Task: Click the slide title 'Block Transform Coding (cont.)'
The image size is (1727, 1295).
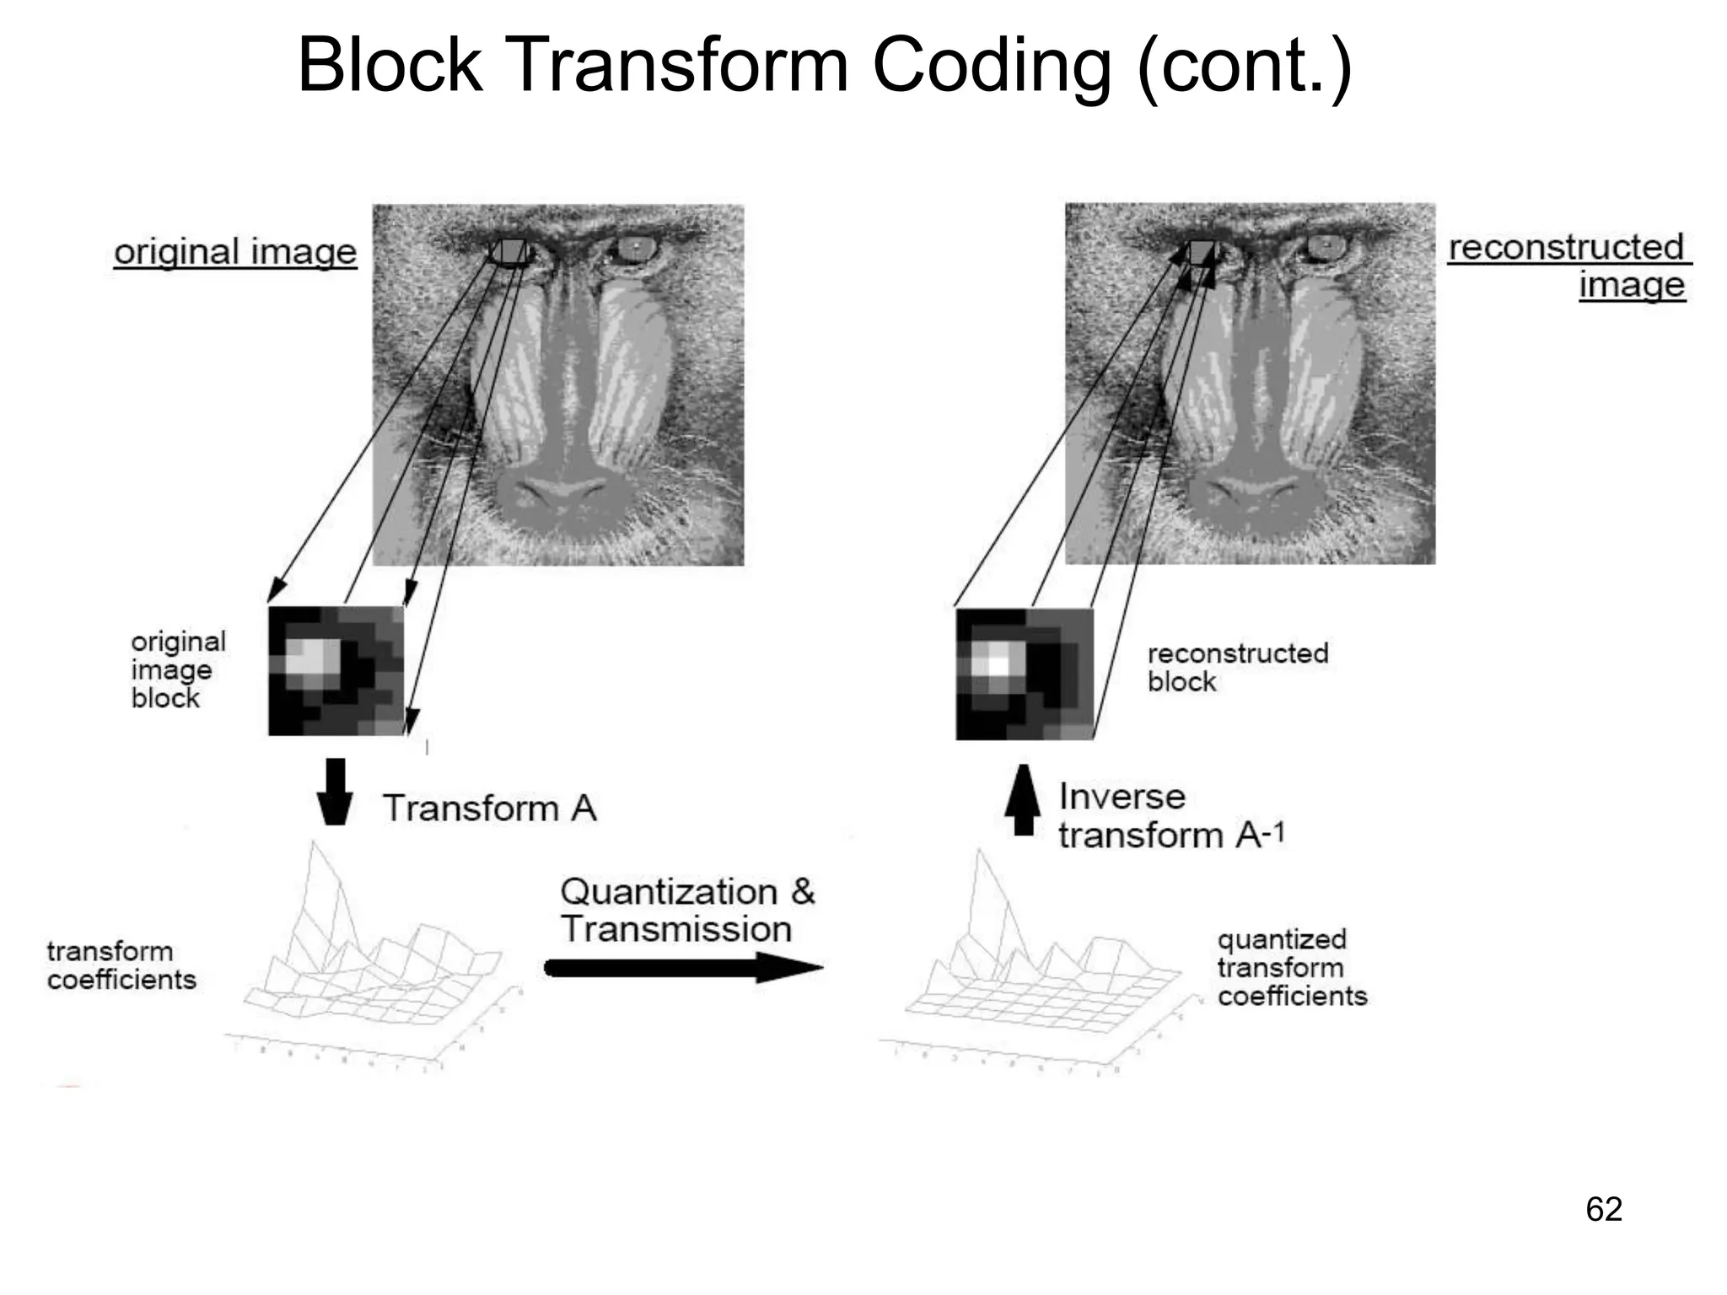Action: [x=825, y=66]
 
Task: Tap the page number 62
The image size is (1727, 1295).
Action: [x=1603, y=1209]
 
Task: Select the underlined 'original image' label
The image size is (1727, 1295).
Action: [x=235, y=252]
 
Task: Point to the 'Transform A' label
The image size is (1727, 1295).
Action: [x=490, y=808]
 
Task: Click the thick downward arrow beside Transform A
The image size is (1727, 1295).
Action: [x=335, y=791]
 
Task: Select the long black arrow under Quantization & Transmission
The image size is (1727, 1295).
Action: [x=683, y=967]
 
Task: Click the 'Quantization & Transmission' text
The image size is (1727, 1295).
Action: [x=686, y=910]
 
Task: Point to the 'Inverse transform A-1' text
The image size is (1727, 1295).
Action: [x=1170, y=815]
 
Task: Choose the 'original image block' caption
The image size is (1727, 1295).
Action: [x=178, y=669]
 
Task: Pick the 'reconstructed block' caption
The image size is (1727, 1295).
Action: [x=1237, y=667]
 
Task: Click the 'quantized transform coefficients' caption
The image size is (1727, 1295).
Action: [x=1291, y=967]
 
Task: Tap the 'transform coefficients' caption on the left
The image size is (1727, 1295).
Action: [x=121, y=965]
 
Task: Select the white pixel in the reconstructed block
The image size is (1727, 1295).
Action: [x=998, y=664]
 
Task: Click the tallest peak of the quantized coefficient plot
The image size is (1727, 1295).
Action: [x=979, y=853]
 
